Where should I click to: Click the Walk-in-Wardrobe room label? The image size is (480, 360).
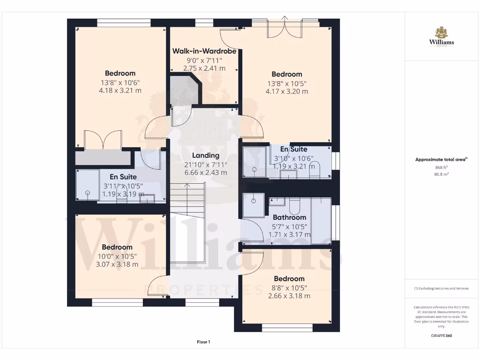(x=204, y=51)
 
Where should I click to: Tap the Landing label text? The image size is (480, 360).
(x=205, y=156)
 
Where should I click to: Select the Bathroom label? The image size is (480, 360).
(x=289, y=217)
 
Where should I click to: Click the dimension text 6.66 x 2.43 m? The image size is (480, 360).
(x=205, y=172)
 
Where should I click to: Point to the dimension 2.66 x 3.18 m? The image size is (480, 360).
(x=289, y=296)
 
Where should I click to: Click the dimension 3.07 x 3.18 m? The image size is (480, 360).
(x=117, y=264)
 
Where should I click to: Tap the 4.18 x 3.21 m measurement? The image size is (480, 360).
(x=120, y=90)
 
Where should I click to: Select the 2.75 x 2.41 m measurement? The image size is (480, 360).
(x=204, y=68)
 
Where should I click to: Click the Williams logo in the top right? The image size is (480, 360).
(x=441, y=37)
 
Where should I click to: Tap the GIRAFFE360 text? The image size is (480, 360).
(x=441, y=336)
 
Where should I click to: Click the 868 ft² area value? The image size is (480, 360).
(x=441, y=167)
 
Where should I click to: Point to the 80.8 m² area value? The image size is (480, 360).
(x=441, y=174)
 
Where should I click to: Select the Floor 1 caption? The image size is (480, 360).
(x=203, y=342)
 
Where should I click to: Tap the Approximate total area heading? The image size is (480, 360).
(x=441, y=159)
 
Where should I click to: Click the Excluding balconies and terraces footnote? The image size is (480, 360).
(x=441, y=288)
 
